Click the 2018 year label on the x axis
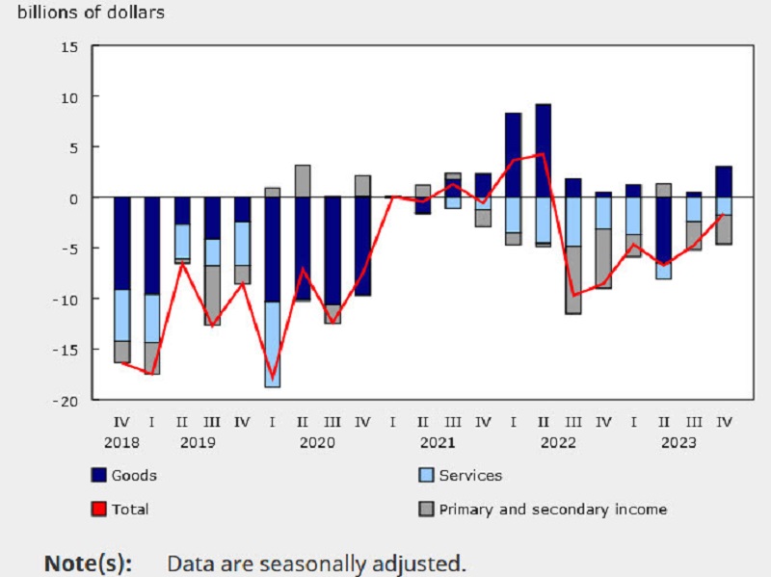[x=122, y=443]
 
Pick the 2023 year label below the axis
[x=678, y=443]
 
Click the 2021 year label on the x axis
[x=438, y=443]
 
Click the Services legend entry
[x=470, y=475]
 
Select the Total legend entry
[x=130, y=509]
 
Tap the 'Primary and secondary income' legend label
[x=552, y=509]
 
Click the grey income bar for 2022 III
[x=573, y=279]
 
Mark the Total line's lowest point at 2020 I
[x=273, y=379]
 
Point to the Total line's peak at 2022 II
[x=544, y=154]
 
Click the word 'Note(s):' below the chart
[x=89, y=563]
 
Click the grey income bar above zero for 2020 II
[x=303, y=181]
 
